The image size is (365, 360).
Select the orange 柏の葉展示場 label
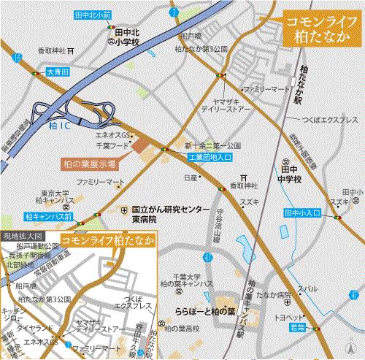pyautogui.click(x=88, y=165)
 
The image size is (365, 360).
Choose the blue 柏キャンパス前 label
pyautogui.click(x=48, y=217)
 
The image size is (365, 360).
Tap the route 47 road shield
pyautogui.click(x=208, y=258)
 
